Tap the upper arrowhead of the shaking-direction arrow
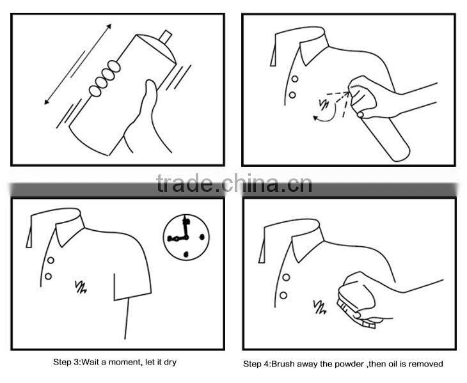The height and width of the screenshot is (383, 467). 109,26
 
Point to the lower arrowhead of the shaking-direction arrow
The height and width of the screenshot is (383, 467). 47,102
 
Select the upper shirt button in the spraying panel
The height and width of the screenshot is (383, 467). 294,79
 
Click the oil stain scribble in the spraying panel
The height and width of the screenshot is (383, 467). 324,104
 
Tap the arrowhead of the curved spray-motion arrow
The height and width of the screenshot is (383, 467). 315,118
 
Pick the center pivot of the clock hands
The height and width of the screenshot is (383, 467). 187,237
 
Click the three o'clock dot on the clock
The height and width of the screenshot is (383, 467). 202,237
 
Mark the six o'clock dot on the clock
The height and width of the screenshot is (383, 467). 186,254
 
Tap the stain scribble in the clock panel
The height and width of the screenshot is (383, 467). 81,286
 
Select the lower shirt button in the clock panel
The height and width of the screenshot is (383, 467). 48,276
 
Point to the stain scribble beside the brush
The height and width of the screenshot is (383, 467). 320,308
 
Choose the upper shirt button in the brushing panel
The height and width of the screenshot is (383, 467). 286,277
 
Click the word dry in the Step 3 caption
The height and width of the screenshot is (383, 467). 170,363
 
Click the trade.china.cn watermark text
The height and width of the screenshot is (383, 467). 234,183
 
